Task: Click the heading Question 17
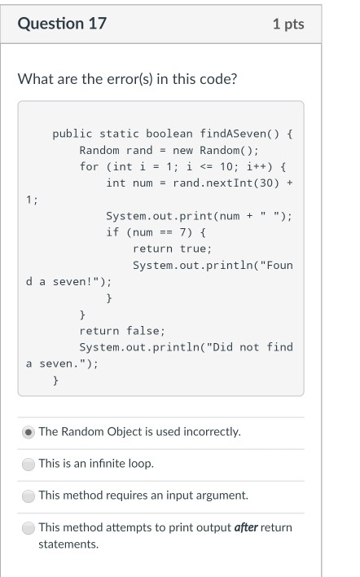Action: [x=62, y=24]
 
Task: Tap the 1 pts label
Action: [x=288, y=24]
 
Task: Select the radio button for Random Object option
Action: [x=29, y=432]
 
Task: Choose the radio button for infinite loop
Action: [x=29, y=464]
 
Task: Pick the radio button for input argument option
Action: [x=29, y=496]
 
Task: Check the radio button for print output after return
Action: [x=29, y=528]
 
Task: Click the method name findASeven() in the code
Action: [x=239, y=134]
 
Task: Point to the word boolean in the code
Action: [x=169, y=134]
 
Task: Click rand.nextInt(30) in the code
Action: [x=226, y=183]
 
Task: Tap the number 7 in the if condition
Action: [x=182, y=232]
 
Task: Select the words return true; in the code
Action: [x=173, y=249]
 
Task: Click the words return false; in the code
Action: [x=122, y=331]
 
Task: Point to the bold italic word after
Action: [x=246, y=527]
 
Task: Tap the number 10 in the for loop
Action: [x=226, y=167]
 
